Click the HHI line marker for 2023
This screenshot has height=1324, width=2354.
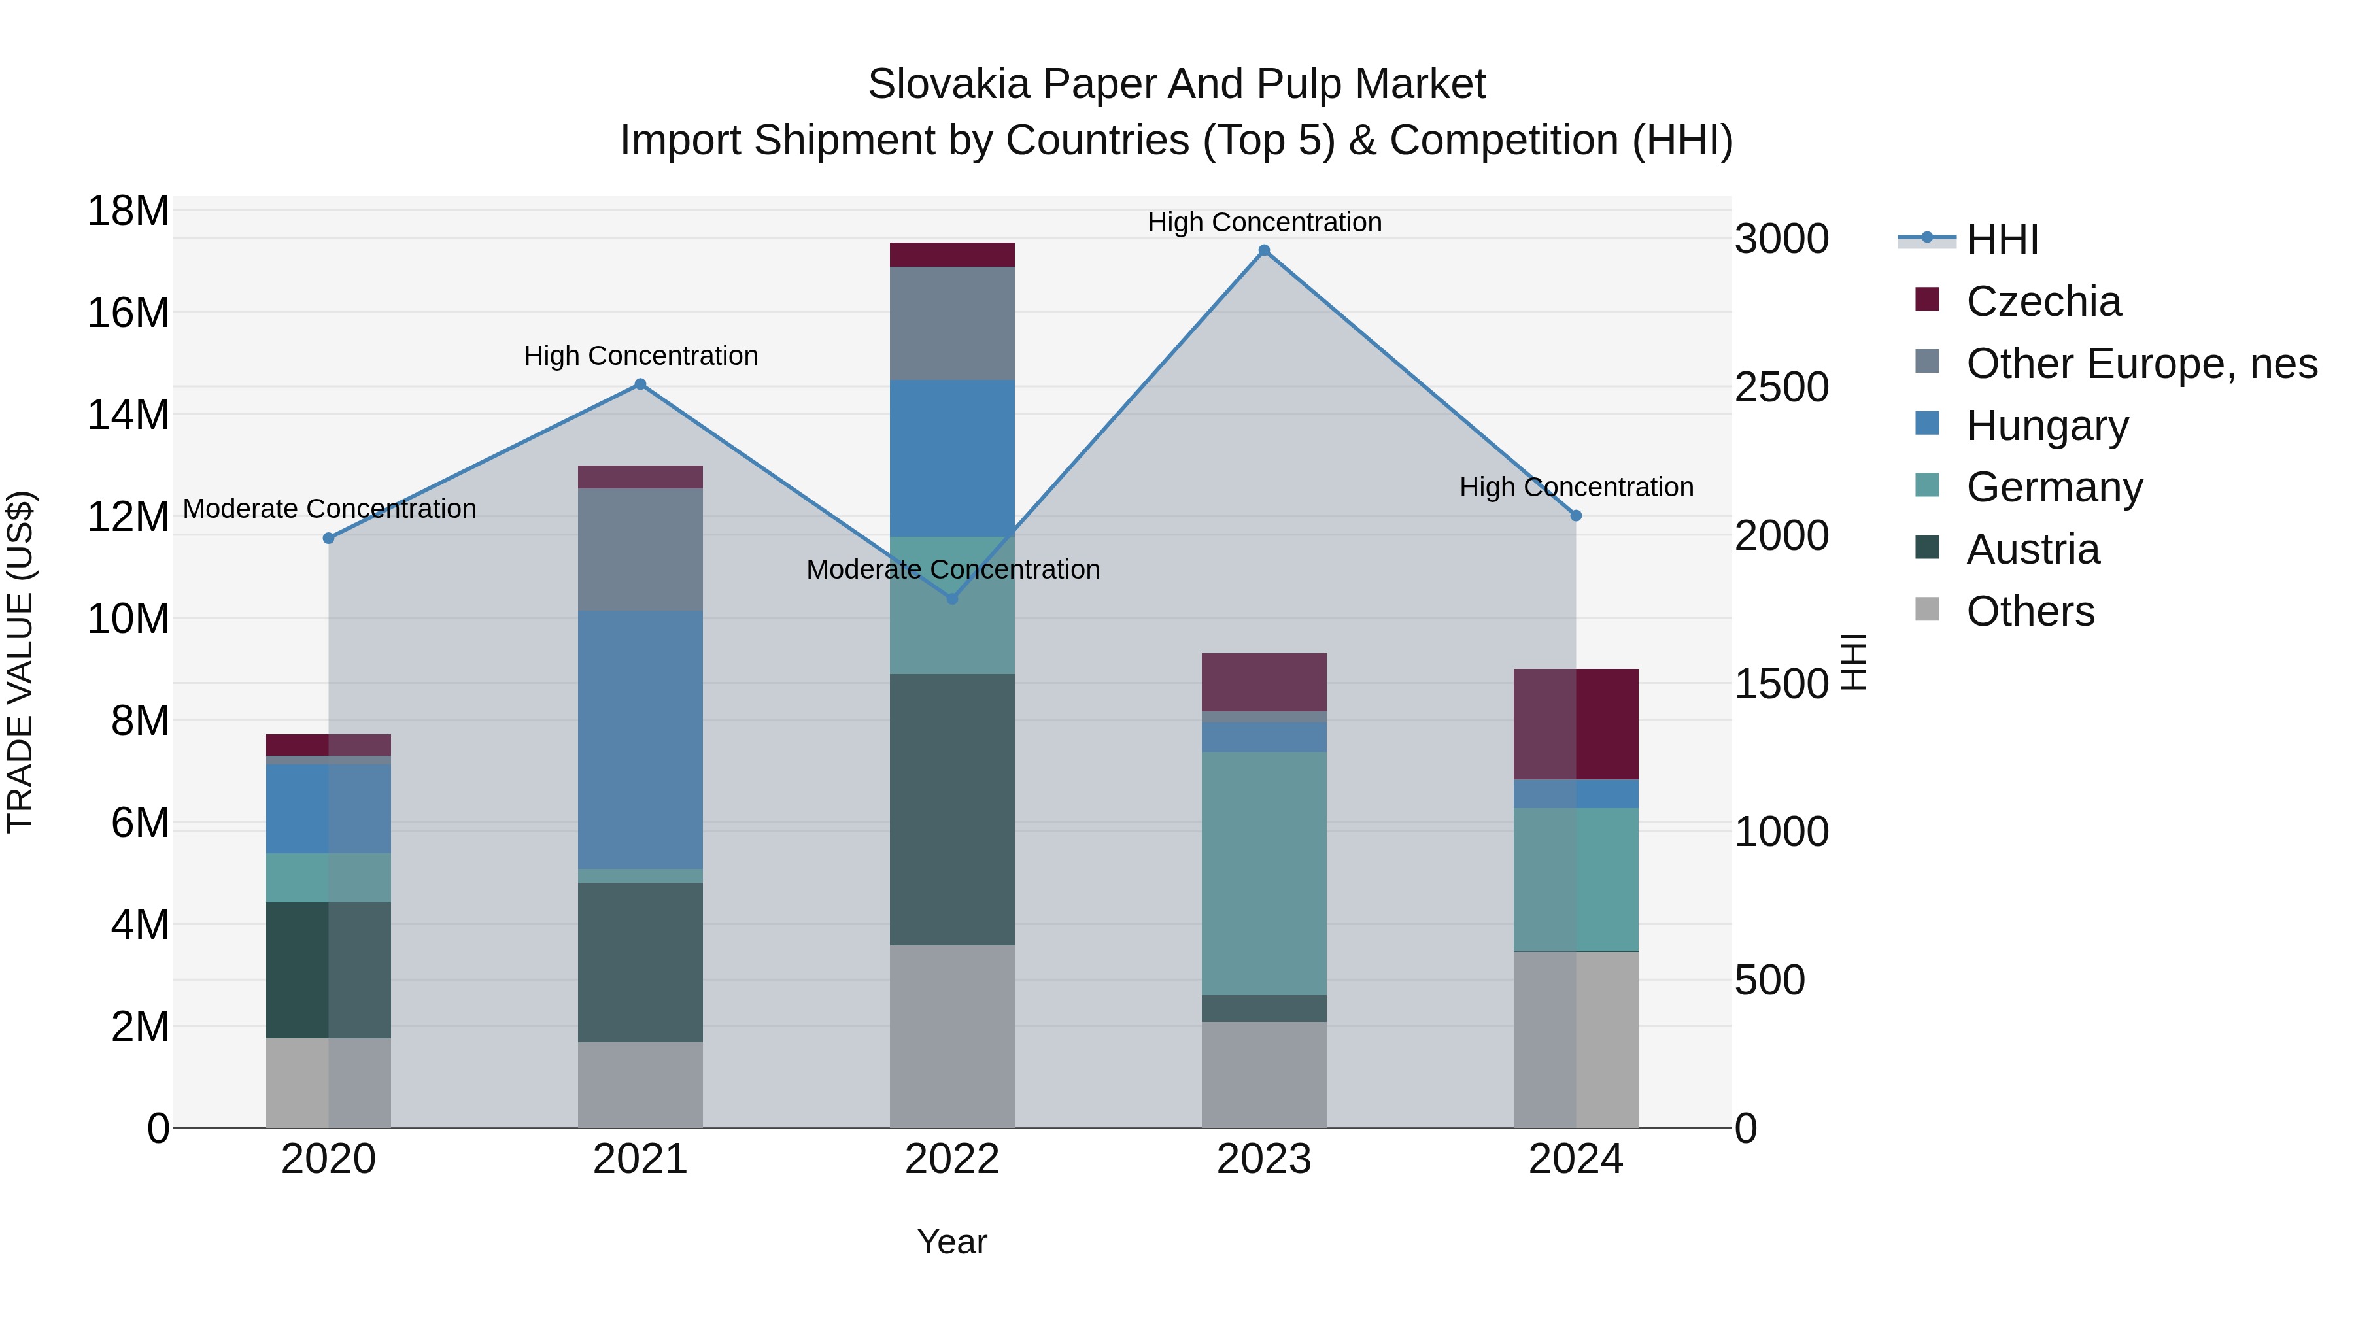click(1264, 250)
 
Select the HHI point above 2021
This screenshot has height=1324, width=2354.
click(641, 384)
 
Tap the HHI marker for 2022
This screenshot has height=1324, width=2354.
click(952, 598)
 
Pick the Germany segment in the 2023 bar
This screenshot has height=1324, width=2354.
click(1264, 873)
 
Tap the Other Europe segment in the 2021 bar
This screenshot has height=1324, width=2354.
click(641, 549)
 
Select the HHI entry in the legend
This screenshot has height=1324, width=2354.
click(2002, 239)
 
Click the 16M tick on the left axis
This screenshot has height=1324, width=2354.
click(128, 313)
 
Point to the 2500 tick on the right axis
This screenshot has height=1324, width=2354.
click(1781, 388)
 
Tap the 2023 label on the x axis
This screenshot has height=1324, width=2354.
click(1264, 1159)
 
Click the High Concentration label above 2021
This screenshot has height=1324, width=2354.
click(641, 356)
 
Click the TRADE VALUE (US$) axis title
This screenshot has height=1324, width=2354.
click(20, 662)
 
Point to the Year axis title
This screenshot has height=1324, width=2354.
click(952, 1242)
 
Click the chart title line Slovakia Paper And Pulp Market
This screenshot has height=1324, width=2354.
click(1176, 84)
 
